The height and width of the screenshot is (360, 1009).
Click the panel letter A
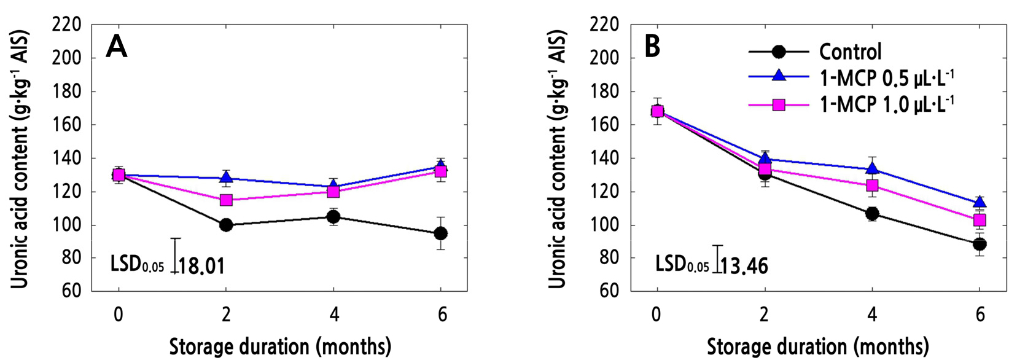117,47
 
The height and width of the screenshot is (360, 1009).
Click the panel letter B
652,47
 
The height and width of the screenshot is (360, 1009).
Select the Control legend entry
850,52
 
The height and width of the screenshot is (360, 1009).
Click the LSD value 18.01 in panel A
201,266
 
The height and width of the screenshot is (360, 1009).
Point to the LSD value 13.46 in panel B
744,266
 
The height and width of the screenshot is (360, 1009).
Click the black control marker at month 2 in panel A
226,225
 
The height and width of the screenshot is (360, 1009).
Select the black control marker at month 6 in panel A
440,233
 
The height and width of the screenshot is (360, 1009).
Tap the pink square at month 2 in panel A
226,200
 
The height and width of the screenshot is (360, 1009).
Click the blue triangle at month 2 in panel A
226,178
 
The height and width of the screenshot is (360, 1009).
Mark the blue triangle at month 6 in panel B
980,202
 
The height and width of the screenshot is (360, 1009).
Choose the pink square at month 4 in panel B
872,186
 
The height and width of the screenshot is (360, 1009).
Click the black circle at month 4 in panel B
872,214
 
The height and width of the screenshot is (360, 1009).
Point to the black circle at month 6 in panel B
980,244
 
